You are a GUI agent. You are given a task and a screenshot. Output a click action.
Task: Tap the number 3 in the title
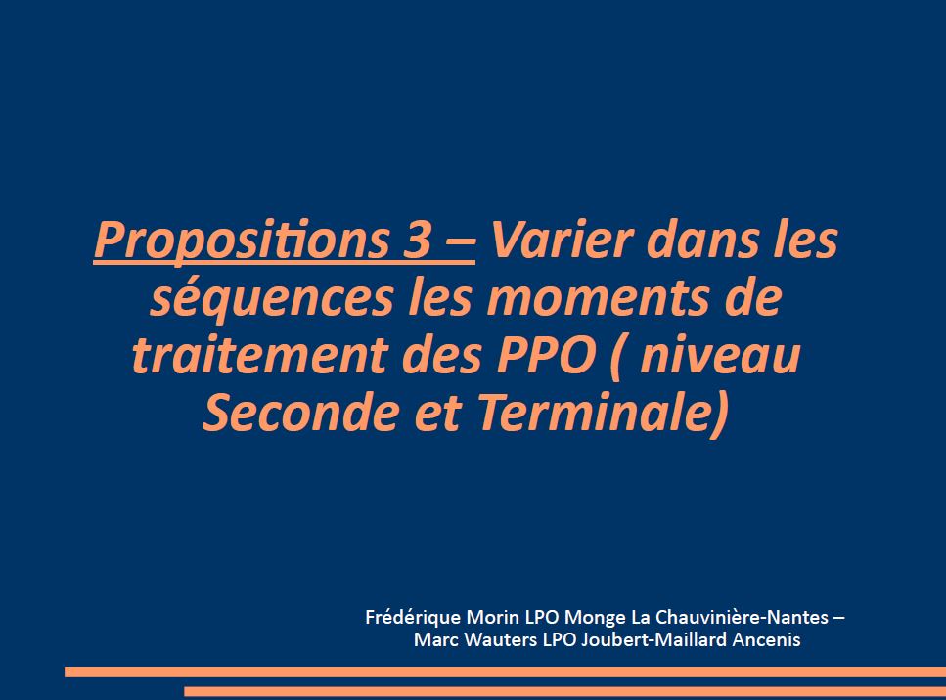(418, 240)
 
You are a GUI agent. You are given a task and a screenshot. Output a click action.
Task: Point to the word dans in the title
(702, 240)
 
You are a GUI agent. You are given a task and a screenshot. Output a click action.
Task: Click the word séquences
(272, 298)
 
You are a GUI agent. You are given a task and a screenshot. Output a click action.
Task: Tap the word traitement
(260, 355)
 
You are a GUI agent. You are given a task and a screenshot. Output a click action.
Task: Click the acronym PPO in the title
(546, 355)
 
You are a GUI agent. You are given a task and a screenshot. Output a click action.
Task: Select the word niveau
(720, 355)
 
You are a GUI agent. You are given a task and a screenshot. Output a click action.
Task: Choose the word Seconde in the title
(301, 412)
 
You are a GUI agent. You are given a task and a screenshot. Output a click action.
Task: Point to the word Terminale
(604, 413)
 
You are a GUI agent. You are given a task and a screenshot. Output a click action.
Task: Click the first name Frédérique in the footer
(413, 618)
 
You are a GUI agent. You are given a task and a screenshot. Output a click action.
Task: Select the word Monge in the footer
(595, 618)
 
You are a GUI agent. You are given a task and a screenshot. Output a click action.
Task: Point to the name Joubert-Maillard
(653, 639)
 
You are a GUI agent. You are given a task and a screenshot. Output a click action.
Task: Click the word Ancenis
(766, 639)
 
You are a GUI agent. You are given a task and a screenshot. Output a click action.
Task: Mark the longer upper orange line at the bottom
(505, 672)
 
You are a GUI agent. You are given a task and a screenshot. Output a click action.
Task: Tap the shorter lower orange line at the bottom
(564, 691)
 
